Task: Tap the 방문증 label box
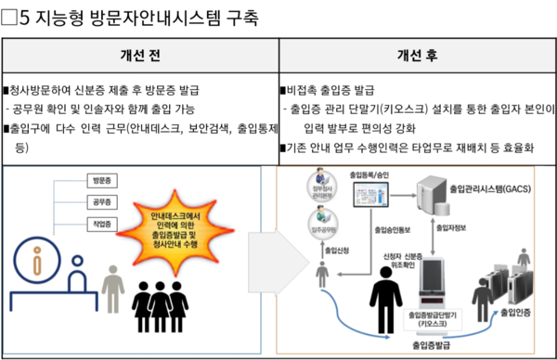97,179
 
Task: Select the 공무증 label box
97,201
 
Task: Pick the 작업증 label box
97,225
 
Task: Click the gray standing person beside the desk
112,289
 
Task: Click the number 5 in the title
22,16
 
